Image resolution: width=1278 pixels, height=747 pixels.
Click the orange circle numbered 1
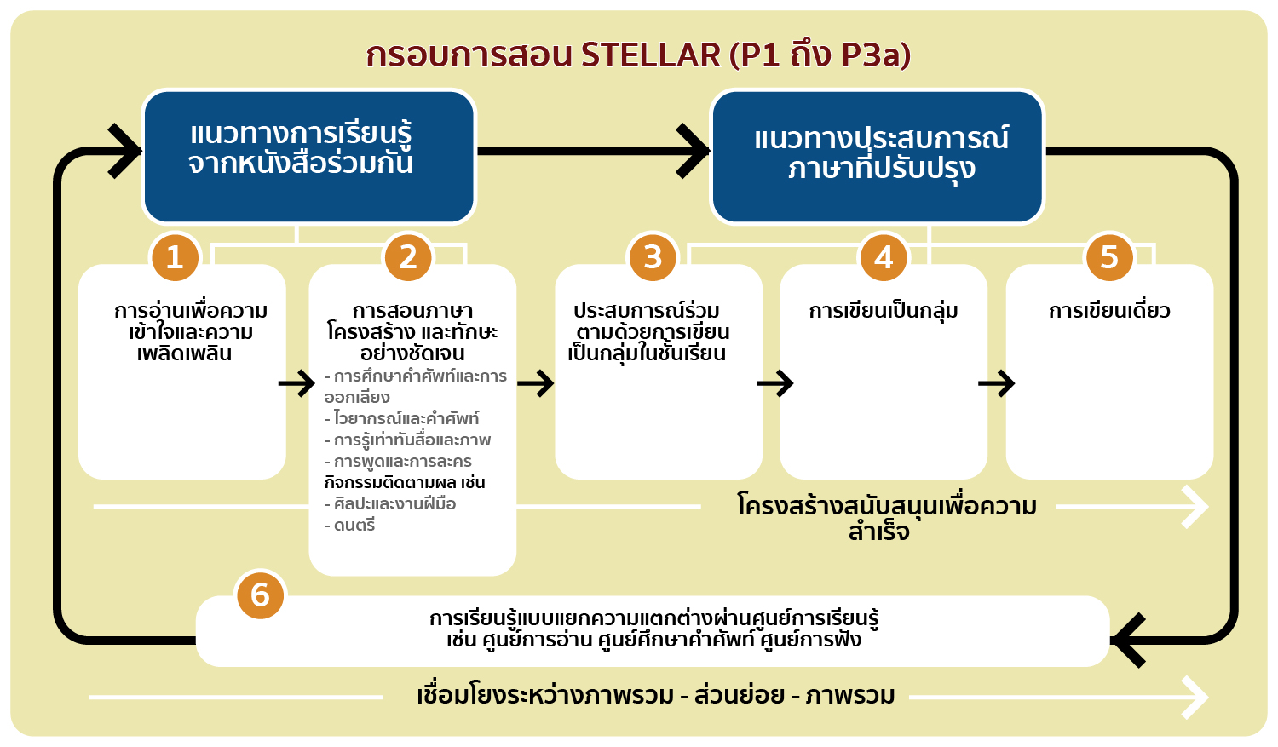coord(176,258)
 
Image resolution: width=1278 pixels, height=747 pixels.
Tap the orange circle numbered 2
coord(408,258)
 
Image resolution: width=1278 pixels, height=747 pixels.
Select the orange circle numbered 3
coord(653,258)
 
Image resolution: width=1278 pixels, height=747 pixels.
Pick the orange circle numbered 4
coord(884,258)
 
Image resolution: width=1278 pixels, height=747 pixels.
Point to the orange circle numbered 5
coord(1109,258)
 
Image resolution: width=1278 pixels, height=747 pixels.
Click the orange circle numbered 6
coord(260,595)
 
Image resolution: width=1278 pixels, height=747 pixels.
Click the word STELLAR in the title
coord(651,55)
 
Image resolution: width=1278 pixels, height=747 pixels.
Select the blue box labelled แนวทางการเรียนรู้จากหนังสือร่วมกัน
coord(308,157)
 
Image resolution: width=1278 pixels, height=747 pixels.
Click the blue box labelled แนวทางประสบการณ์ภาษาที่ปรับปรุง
coord(877,157)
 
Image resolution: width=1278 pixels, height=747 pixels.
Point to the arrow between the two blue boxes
coord(593,151)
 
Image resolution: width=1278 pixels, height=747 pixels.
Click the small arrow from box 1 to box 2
coord(296,382)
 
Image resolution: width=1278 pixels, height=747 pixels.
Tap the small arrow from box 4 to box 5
coord(996,382)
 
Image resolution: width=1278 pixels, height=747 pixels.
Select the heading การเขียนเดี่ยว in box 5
coord(1109,311)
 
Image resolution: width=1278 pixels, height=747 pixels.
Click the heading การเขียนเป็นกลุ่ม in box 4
coord(884,312)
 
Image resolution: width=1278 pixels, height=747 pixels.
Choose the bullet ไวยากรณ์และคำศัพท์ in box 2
coord(401,418)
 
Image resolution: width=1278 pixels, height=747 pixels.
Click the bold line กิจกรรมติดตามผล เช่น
coord(405,482)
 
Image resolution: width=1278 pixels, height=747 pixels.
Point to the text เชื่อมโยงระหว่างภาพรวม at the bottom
coord(545,696)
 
